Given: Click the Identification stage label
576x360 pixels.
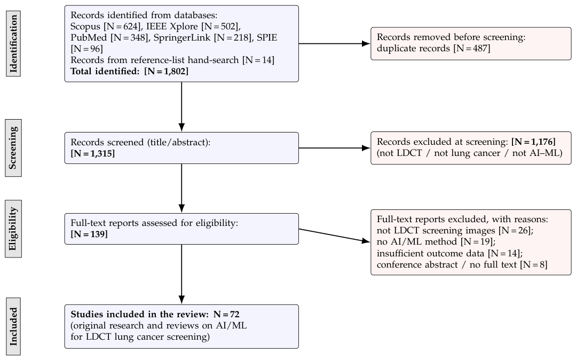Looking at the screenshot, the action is (x=13, y=43).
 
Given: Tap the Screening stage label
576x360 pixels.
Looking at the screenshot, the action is (x=13, y=148).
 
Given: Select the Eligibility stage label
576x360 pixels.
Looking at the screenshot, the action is (x=13, y=229).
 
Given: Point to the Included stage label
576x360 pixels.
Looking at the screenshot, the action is (x=13, y=326).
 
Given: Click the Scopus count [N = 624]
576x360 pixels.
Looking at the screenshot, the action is (x=122, y=27).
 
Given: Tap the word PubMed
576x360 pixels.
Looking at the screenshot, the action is (x=89, y=37).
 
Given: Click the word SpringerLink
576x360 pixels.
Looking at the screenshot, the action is (x=182, y=38).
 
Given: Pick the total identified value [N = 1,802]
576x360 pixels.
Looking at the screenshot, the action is (x=167, y=72).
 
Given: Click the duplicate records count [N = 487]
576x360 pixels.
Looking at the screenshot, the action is (x=472, y=49).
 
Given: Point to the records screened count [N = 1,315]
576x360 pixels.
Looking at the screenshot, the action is (x=92, y=154).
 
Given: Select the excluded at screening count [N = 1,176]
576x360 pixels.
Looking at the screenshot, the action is (x=533, y=142).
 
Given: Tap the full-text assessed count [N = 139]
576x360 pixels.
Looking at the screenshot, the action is (x=89, y=234).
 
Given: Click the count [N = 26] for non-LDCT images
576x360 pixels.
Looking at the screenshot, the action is (x=514, y=231).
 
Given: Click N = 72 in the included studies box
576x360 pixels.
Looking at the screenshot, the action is (x=226, y=315).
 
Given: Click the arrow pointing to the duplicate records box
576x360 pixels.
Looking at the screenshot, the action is (x=334, y=43).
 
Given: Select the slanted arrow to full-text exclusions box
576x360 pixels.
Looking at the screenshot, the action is (x=334, y=236).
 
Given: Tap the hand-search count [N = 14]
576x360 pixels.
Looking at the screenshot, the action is (x=258, y=60).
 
